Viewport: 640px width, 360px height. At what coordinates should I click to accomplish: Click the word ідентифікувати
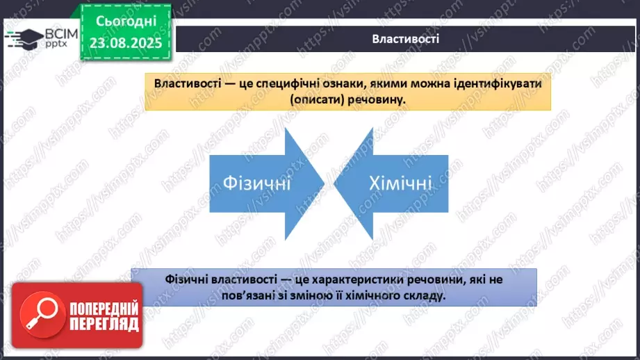coord(492,83)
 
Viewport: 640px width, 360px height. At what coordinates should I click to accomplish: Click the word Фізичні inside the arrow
coord(256,184)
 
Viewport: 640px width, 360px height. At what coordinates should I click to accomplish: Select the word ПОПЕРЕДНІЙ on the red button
coord(104,309)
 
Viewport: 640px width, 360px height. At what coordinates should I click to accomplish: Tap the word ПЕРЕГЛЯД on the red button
coord(104,325)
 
